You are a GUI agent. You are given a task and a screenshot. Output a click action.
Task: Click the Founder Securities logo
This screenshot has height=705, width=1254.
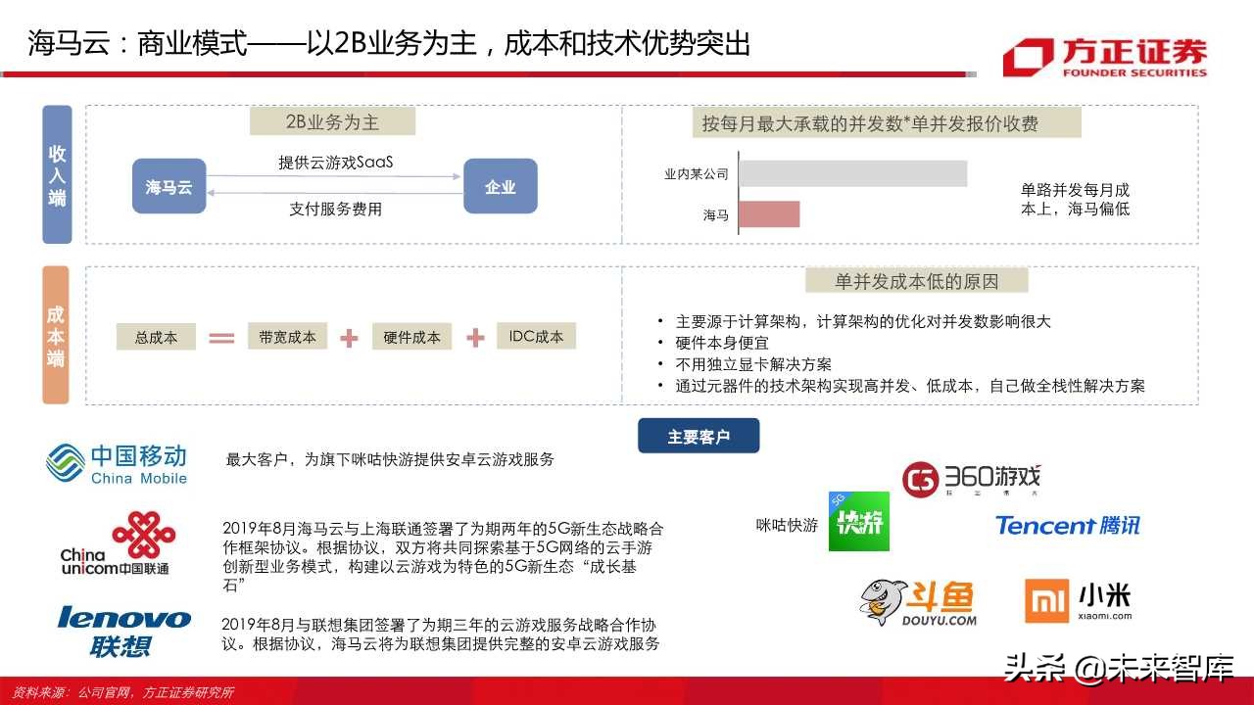(1104, 57)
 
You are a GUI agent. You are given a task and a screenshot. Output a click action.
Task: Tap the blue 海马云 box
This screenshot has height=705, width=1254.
(169, 186)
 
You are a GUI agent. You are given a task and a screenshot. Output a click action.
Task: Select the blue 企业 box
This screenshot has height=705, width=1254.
(500, 186)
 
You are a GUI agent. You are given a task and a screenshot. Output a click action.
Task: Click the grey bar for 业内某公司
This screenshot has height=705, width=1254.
(852, 173)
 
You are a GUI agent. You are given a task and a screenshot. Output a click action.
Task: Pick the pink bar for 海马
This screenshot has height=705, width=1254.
(768, 214)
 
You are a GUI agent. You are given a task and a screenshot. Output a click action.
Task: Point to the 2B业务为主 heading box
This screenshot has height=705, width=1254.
(332, 121)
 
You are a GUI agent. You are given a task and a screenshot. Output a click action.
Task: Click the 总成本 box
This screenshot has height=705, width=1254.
(156, 338)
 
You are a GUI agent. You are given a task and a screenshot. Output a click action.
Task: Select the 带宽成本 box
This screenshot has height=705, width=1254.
(287, 337)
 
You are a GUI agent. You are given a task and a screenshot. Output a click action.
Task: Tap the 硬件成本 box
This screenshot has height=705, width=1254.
(411, 338)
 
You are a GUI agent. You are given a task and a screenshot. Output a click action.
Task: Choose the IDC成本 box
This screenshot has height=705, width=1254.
(536, 337)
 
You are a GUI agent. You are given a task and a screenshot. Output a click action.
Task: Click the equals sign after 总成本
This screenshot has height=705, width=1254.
(222, 339)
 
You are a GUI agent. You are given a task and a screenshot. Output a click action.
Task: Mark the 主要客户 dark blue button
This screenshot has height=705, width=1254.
(699, 437)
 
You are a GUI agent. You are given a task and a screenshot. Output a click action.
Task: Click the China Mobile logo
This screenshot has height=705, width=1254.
(117, 463)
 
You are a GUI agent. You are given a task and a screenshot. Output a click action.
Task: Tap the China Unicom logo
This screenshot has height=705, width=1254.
(118, 543)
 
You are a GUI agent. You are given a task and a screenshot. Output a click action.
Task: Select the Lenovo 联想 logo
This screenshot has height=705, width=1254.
(124, 631)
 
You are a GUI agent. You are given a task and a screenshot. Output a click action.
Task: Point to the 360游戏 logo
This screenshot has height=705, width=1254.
(971, 480)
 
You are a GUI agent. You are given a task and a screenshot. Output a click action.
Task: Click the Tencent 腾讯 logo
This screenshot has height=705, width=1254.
(1067, 526)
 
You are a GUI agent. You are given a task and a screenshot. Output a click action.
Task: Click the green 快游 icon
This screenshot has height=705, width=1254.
(858, 522)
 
